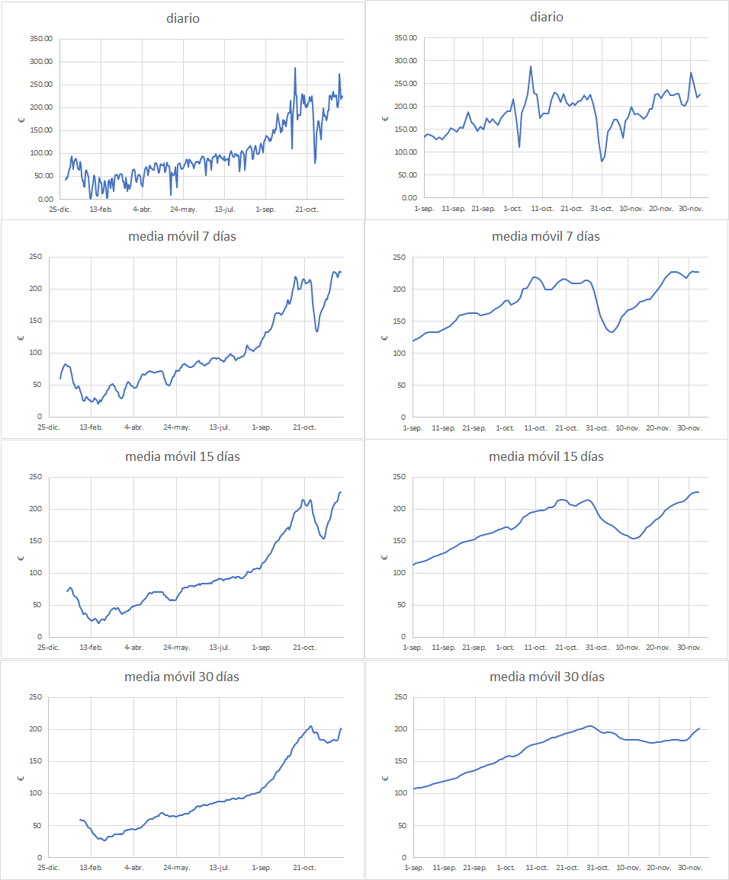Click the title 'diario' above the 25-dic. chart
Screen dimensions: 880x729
click(183, 18)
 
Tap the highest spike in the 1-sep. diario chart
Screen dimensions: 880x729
click(531, 66)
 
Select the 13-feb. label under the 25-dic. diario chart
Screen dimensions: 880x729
click(101, 209)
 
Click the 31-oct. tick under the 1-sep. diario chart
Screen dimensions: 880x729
click(602, 208)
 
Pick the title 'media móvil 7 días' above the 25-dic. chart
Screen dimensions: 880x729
click(182, 236)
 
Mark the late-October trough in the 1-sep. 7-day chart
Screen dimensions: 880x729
click(612, 332)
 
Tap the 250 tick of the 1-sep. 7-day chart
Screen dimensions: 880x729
click(397, 258)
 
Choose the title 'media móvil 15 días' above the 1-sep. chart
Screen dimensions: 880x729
click(546, 456)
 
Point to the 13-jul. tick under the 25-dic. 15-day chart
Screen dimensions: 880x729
click(220, 647)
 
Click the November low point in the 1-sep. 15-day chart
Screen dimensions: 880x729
click(634, 539)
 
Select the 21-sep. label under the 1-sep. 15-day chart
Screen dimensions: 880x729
click(474, 647)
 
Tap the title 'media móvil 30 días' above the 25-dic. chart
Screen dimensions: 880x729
click(182, 677)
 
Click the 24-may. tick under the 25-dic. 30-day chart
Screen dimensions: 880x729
click(177, 867)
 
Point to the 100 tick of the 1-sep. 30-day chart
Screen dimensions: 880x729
click(397, 793)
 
